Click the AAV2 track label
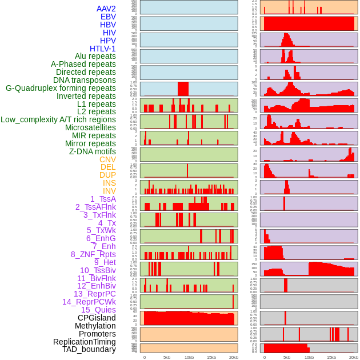[106, 9]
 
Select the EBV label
[108, 17]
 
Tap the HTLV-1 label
[103, 49]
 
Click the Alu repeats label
[95, 56]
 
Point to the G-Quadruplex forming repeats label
[61, 88]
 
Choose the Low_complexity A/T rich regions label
[58, 119]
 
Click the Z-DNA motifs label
[93, 151]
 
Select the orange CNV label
[107, 159]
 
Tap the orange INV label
[109, 191]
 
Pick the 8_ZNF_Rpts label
[93, 254]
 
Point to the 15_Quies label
[98, 310]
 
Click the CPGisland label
[97, 318]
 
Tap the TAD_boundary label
[89, 349]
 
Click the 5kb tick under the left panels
[167, 357]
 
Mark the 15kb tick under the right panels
[331, 357]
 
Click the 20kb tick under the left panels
[233, 357]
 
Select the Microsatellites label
[90, 127]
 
